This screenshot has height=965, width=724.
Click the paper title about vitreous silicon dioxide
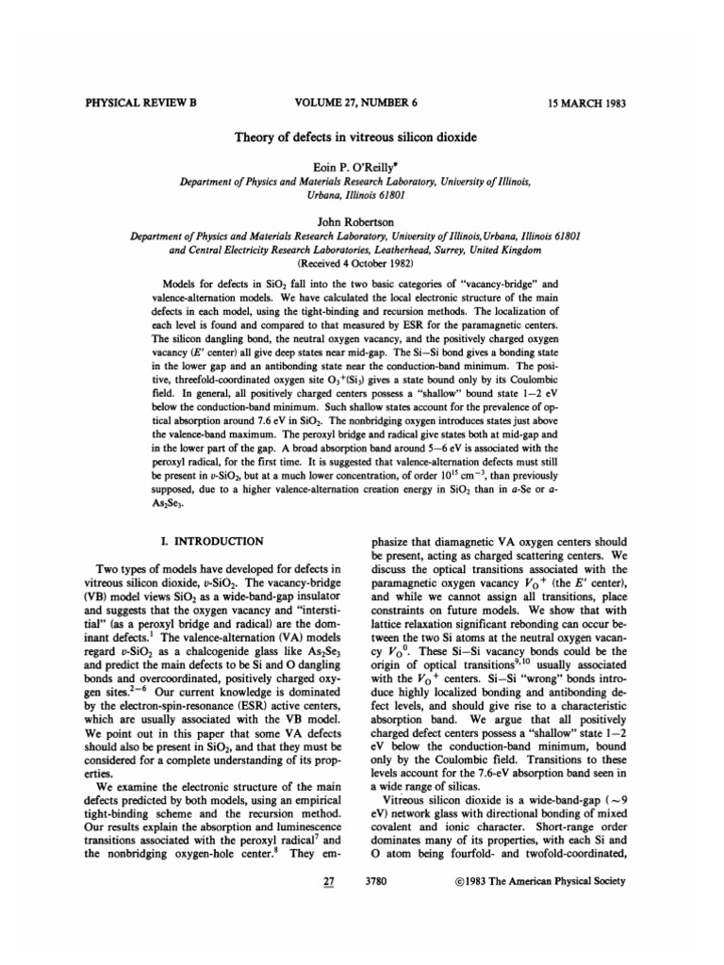362,137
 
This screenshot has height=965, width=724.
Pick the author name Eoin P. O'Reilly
362,166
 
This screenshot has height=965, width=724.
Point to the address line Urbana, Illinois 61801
362,194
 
